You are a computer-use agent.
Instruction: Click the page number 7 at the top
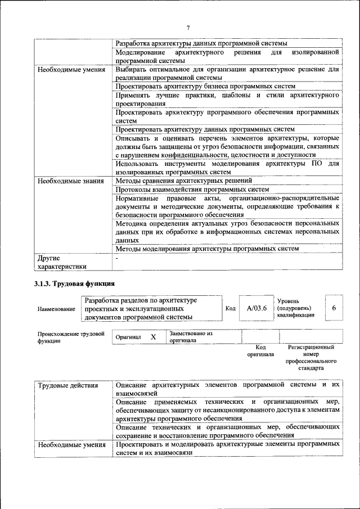188,27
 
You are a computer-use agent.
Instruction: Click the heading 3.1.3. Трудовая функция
74,283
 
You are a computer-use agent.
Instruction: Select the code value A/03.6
256,308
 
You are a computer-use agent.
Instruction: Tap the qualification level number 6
334,308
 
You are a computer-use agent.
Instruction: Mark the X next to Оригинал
153,337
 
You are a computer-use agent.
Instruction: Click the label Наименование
56,309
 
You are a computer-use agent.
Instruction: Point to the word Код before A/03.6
231,308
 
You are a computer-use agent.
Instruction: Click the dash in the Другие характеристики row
117,259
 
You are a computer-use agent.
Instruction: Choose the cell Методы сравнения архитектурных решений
183,181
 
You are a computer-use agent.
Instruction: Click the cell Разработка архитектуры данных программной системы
201,43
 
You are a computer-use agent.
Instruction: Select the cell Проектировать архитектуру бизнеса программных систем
205,87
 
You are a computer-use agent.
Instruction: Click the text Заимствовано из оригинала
191,337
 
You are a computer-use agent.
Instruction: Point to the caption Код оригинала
260,351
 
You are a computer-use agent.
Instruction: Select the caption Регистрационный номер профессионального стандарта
310,358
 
